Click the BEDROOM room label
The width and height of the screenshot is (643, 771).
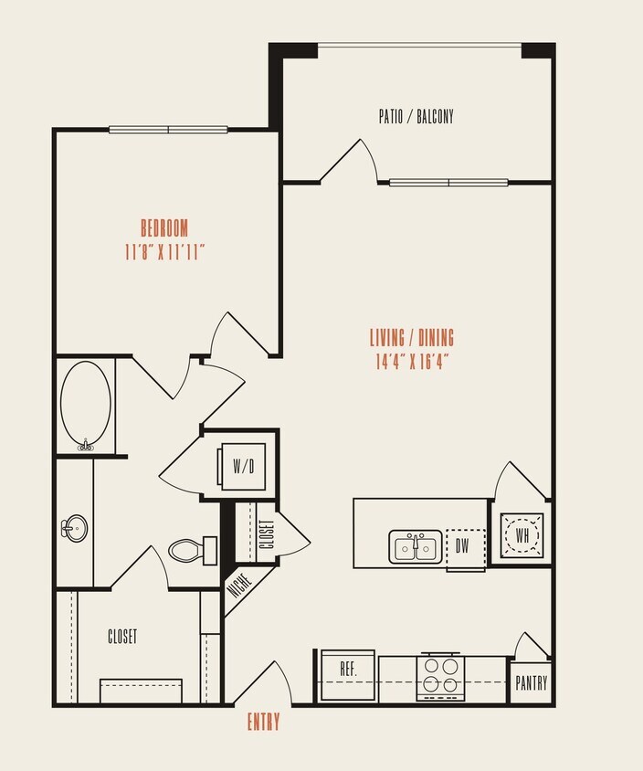coord(164,227)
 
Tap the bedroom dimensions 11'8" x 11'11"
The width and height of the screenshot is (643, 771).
coord(164,252)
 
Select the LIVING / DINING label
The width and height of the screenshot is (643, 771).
coord(412,338)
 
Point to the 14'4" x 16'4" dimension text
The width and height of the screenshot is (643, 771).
coord(412,362)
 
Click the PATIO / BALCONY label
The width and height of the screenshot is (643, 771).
coord(416,117)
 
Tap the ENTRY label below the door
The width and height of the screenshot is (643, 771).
coord(264,723)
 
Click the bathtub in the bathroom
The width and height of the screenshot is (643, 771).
coord(86,405)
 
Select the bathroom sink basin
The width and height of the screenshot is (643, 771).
coord(74,527)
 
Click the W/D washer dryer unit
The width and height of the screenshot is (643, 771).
coord(243,467)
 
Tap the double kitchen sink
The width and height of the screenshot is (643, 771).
coord(416,547)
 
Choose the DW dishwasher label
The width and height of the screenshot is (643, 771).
coord(464,547)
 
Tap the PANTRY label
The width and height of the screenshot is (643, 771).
coord(531,683)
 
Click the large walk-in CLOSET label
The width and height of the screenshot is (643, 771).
coord(122,637)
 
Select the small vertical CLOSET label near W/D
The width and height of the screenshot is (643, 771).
coord(266,533)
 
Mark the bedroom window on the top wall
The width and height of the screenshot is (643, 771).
coord(168,130)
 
